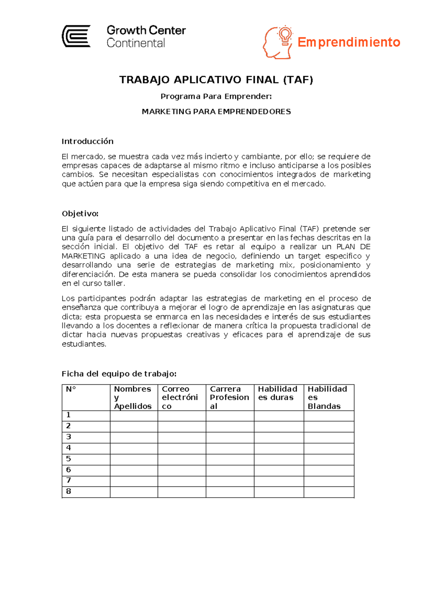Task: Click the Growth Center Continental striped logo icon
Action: pyautogui.click(x=76, y=36)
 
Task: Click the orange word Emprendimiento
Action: pyautogui.click(x=349, y=42)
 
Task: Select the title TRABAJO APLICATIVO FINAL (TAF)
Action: pyautogui.click(x=216, y=80)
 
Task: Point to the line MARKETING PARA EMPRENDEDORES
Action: pyautogui.click(x=216, y=112)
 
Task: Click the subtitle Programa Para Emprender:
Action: pyautogui.click(x=216, y=96)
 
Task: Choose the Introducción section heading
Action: pyautogui.click(x=88, y=141)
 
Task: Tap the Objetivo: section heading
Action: pyautogui.click(x=80, y=214)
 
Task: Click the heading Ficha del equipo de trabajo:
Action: pyautogui.click(x=119, y=374)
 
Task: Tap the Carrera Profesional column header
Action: pyautogui.click(x=229, y=398)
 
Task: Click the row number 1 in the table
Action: pyautogui.click(x=68, y=415)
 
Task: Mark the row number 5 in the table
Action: pyautogui.click(x=68, y=459)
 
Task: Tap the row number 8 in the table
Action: pyautogui.click(x=68, y=491)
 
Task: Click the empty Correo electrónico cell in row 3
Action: pyautogui.click(x=182, y=438)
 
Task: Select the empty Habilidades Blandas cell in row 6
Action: pyautogui.click(x=329, y=470)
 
